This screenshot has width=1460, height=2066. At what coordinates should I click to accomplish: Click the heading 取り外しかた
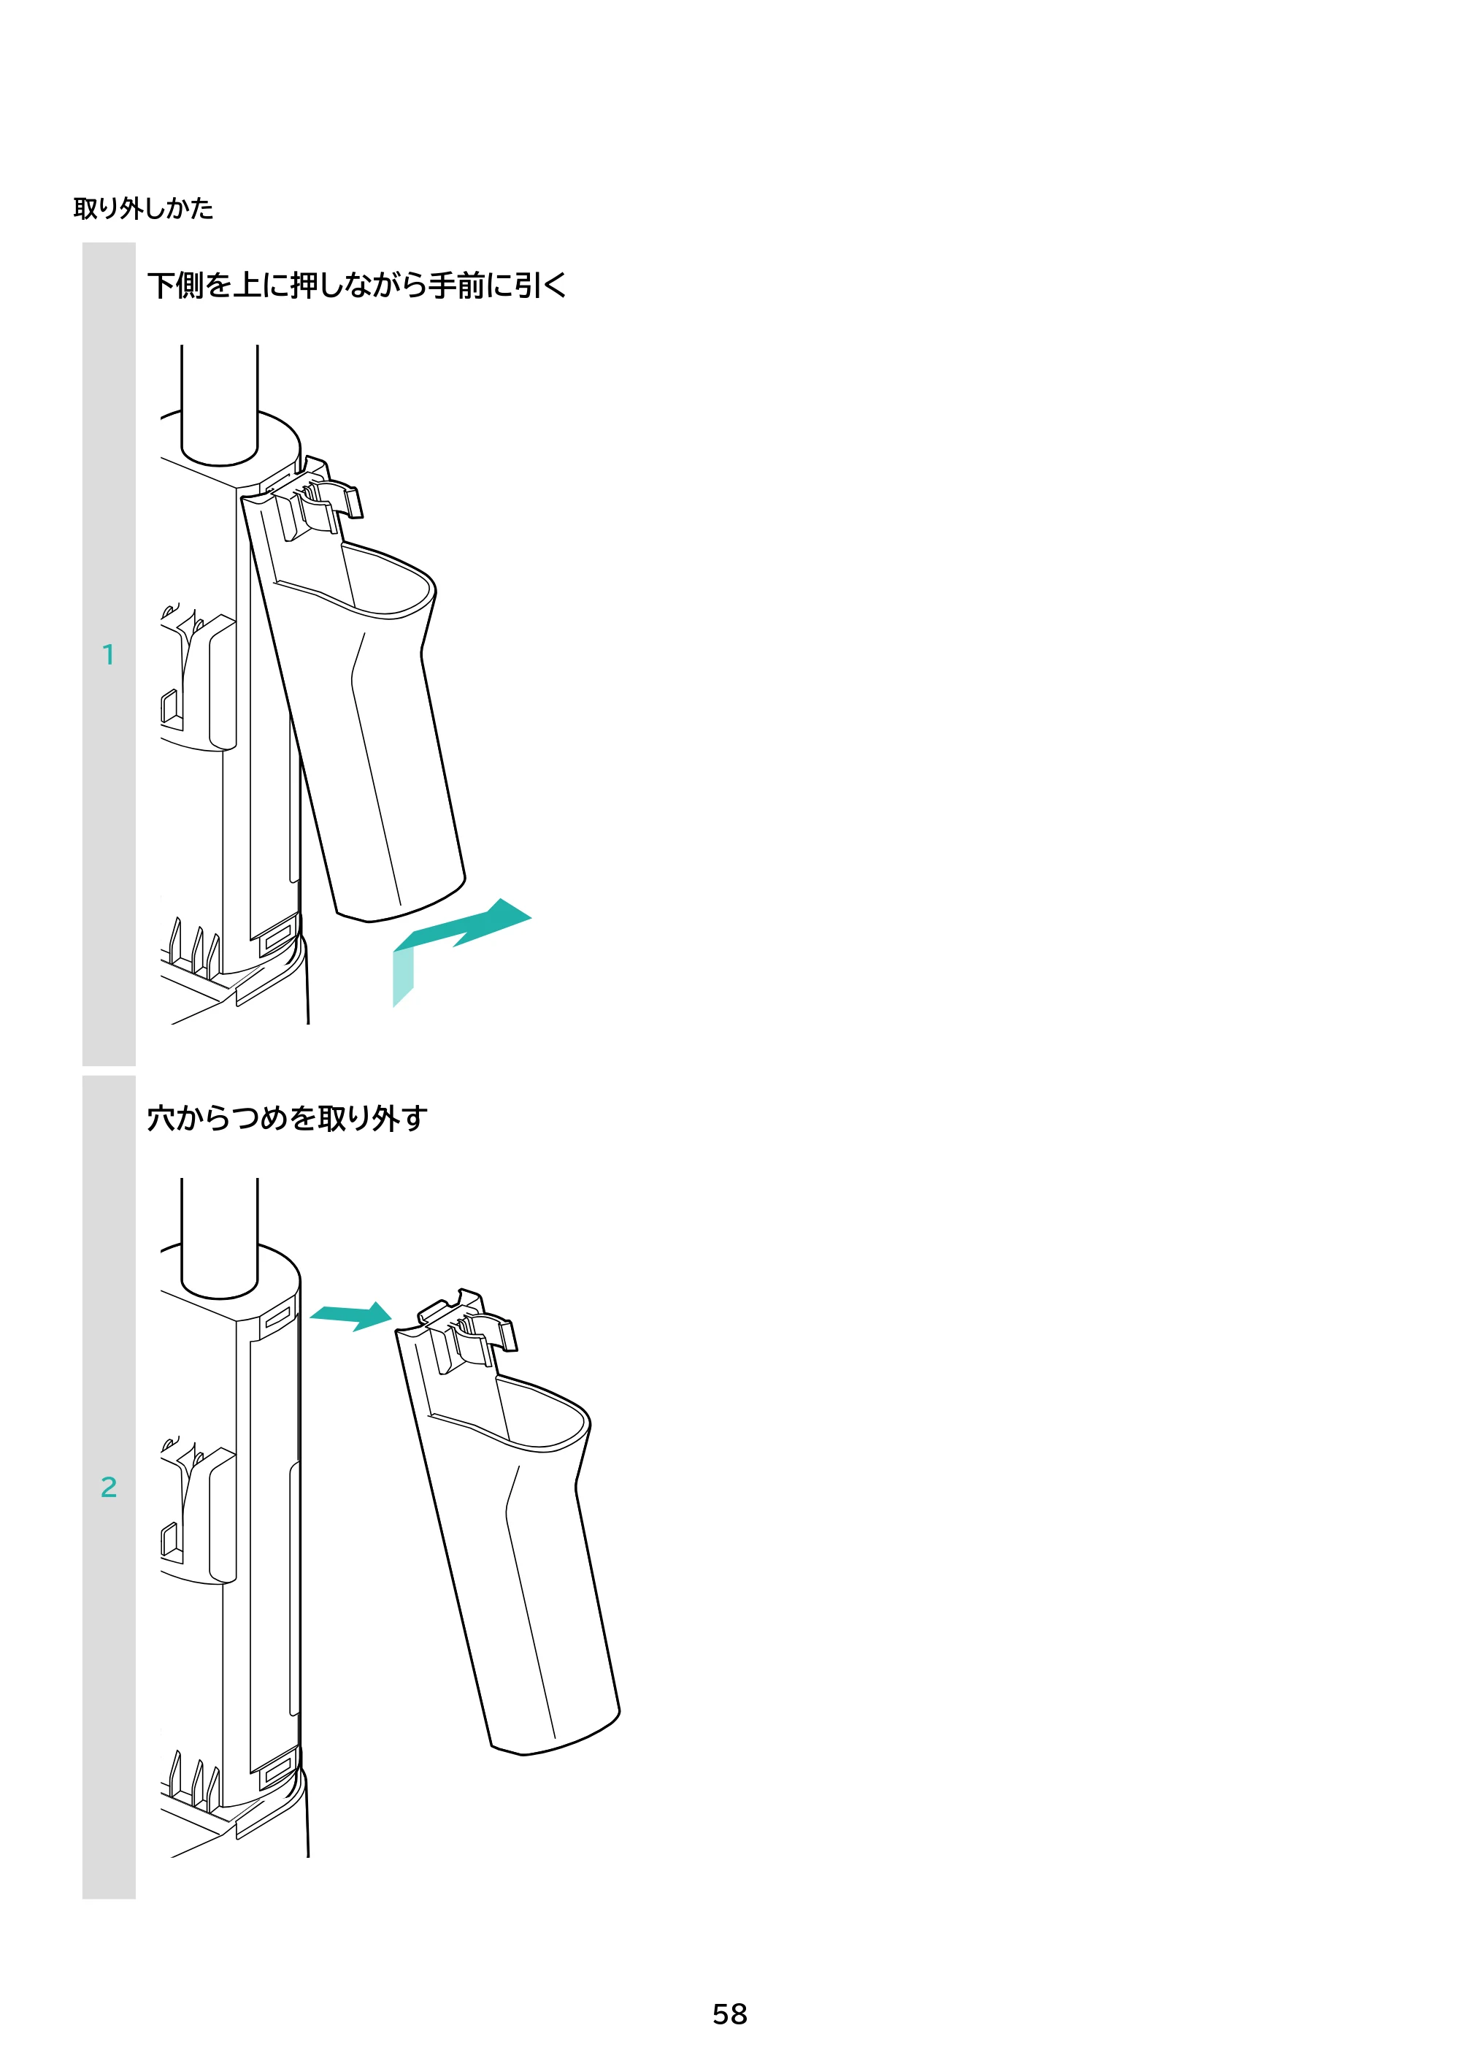(x=143, y=208)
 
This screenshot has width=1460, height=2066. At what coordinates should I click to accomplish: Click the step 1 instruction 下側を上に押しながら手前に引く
(x=357, y=286)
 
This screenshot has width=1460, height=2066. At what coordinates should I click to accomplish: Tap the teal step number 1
(x=108, y=654)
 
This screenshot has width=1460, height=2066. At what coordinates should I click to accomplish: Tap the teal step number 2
(x=108, y=1487)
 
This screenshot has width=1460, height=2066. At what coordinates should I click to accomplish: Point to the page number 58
(x=729, y=2014)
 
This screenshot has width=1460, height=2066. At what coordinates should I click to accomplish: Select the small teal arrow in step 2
(x=351, y=1315)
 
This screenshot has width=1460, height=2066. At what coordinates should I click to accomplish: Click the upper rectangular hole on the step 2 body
(x=278, y=1317)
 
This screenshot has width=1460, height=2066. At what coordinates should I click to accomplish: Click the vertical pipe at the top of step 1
(x=220, y=405)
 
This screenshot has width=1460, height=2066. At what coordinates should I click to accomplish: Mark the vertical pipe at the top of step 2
(x=220, y=1238)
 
